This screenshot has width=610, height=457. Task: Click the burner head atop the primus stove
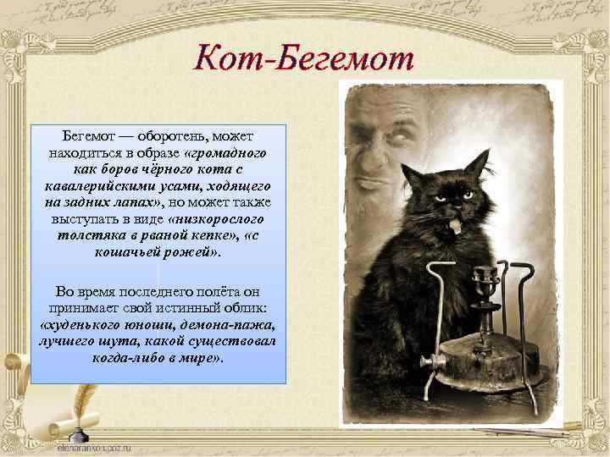tap(485, 278)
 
